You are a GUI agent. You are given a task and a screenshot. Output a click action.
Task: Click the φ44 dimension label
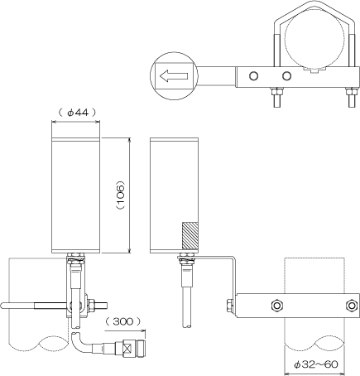(x=78, y=113)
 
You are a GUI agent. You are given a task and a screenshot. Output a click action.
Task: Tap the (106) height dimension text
(x=121, y=195)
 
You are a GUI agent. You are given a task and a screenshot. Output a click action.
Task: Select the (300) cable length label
(x=123, y=321)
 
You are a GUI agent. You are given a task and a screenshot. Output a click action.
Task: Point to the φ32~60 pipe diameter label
(x=315, y=364)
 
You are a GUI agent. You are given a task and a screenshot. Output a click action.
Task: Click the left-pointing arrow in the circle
(x=174, y=75)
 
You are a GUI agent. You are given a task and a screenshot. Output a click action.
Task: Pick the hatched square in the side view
(x=190, y=235)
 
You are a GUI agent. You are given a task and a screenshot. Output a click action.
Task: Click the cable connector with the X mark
(x=127, y=346)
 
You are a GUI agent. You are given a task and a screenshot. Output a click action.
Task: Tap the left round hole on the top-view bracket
(x=253, y=75)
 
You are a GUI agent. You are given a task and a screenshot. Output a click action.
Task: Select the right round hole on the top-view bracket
(x=286, y=75)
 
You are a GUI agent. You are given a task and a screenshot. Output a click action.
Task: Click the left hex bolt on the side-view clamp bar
(x=277, y=306)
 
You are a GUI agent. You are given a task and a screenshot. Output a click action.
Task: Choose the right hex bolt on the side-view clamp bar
(x=351, y=306)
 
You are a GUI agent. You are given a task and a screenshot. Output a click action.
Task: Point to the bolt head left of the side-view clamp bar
(x=230, y=306)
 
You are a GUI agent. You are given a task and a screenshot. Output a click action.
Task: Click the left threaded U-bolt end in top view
(x=277, y=97)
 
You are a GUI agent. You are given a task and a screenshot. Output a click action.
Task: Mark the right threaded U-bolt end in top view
(x=352, y=97)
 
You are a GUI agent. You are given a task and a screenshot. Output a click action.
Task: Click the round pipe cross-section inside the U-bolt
(x=314, y=40)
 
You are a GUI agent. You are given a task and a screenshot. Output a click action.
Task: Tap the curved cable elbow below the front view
(x=77, y=343)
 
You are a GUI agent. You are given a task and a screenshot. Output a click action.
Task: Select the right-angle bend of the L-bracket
(x=233, y=259)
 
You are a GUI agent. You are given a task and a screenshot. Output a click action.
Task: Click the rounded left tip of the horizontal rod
(x=3, y=306)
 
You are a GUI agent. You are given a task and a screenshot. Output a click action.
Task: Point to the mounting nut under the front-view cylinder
(x=76, y=256)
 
